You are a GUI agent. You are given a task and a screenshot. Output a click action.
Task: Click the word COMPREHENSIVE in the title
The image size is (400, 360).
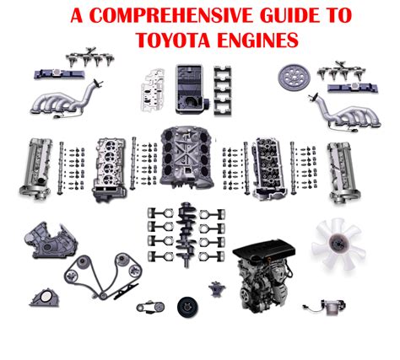(x=173, y=15)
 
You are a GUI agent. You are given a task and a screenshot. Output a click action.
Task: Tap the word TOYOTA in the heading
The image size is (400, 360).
(x=173, y=40)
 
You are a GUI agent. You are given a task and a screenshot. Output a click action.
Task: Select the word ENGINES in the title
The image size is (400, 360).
(x=257, y=40)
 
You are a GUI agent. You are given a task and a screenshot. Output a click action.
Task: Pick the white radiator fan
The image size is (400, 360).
(x=338, y=244)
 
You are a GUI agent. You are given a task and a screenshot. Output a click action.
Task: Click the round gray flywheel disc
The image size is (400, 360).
(x=294, y=77)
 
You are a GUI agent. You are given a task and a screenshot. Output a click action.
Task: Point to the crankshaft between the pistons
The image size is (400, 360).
(x=186, y=234)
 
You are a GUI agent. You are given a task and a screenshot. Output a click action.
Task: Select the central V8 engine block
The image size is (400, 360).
(x=186, y=158)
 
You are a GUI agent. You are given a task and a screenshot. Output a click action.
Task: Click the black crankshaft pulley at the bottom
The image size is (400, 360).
(x=188, y=307)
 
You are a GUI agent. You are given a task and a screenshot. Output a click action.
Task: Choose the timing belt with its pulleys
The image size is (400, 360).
(x=104, y=276)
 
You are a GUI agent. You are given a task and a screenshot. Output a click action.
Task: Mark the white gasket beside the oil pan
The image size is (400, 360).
(x=153, y=89)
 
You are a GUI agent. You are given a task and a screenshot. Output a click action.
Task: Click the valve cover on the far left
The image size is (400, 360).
(x=35, y=168)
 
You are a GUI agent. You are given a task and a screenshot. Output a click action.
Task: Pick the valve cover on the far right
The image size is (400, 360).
(x=343, y=172)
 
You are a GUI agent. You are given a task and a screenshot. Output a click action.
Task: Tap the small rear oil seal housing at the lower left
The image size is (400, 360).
(x=45, y=298)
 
